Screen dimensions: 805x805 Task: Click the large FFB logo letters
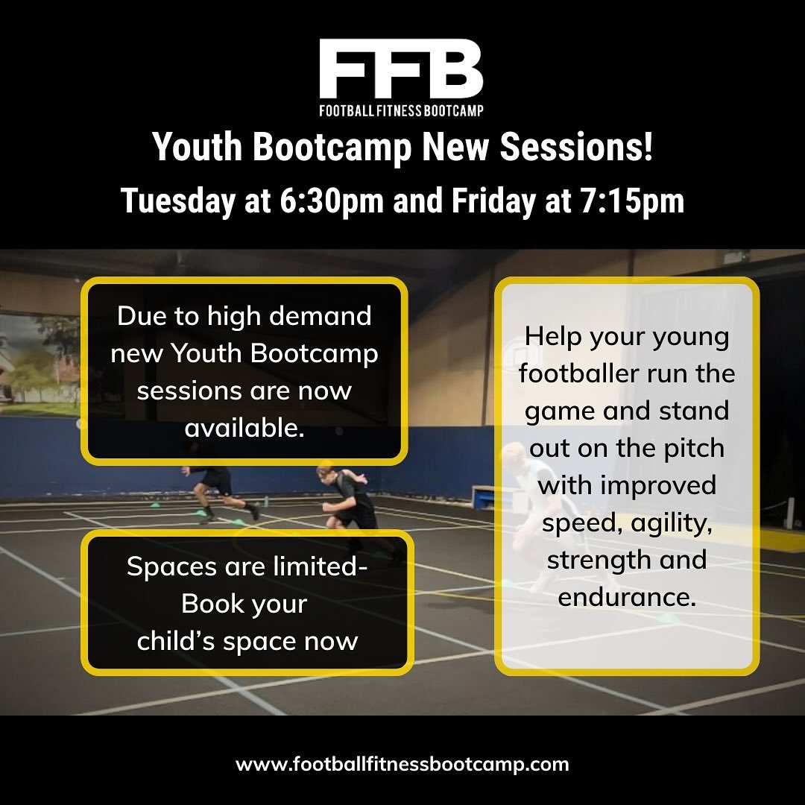(401, 69)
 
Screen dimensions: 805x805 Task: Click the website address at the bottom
(402, 764)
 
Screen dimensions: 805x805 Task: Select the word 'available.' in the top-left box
(244, 427)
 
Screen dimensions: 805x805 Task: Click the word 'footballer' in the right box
(578, 373)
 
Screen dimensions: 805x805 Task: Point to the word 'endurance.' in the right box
(627, 596)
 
